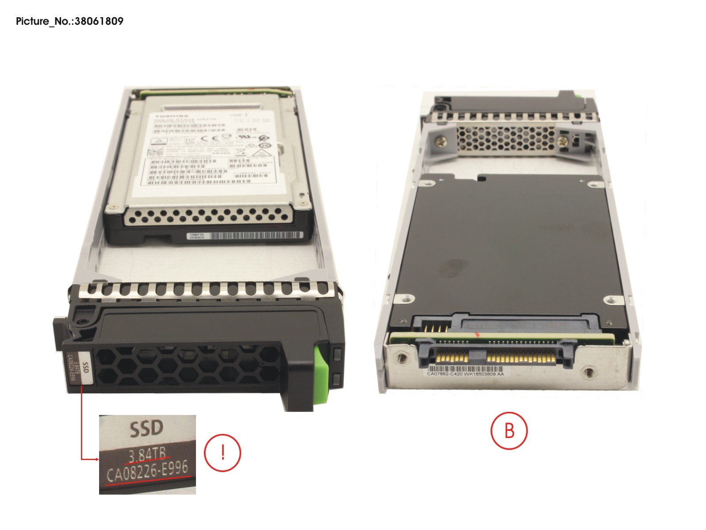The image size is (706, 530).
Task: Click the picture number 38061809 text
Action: [69, 21]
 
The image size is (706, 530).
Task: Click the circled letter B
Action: [509, 430]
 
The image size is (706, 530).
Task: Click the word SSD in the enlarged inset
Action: [146, 428]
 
